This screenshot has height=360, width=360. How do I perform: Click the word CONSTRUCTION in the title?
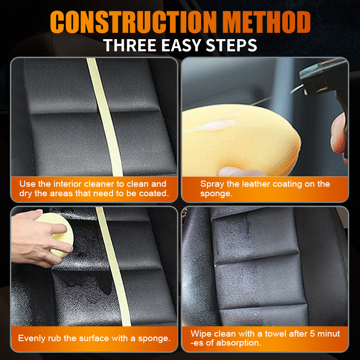pyautogui.click(x=133, y=22)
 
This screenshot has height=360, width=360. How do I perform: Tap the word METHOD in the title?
pyautogui.click(x=267, y=22)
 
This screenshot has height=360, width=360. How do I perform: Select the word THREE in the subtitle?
pyautogui.click(x=130, y=45)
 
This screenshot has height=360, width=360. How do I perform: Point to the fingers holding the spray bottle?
pyautogui.click(x=339, y=138)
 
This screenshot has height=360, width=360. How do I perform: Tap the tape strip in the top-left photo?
pyautogui.click(x=105, y=117)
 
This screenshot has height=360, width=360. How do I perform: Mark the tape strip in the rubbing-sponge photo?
pyautogui.click(x=114, y=266)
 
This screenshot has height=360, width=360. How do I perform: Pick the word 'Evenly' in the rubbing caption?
pyautogui.click(x=31, y=338)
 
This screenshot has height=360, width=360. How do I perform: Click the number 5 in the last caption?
pyautogui.click(x=312, y=333)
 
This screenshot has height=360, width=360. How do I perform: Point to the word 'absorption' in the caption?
pyautogui.click(x=239, y=343)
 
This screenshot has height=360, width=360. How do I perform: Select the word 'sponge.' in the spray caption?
pyautogui.click(x=216, y=194)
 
